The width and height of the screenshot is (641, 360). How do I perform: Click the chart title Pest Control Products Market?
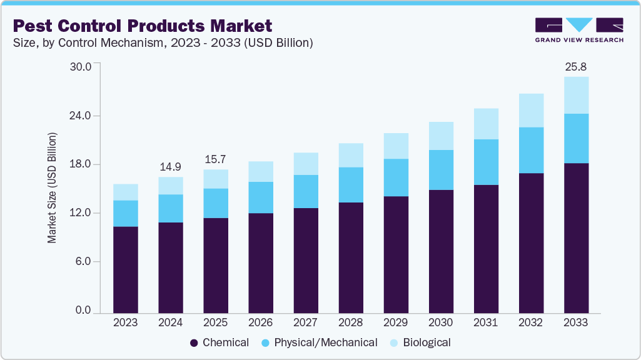(143, 26)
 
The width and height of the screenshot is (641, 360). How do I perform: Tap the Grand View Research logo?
(579, 29)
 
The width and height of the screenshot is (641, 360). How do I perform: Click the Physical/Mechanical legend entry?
(318, 342)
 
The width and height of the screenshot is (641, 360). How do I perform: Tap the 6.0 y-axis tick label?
(84, 262)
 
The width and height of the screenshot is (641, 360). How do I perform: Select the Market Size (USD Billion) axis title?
(53, 188)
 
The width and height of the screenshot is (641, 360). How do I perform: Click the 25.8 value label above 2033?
(575, 66)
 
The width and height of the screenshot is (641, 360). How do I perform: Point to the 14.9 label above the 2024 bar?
(171, 167)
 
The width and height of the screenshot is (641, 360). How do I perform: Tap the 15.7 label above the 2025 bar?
(216, 159)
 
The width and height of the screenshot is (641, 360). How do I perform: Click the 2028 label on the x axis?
(350, 322)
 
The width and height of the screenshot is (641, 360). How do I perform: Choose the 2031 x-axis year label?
(486, 322)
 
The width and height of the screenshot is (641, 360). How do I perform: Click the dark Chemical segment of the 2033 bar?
(576, 237)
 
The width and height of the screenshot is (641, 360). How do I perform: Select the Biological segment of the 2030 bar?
(441, 136)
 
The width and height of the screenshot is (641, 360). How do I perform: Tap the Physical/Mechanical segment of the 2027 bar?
(306, 191)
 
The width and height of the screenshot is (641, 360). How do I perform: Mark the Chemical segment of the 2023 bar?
(126, 269)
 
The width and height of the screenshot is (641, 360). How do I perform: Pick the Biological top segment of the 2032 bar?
(531, 110)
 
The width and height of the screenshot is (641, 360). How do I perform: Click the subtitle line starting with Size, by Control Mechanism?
(163, 43)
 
